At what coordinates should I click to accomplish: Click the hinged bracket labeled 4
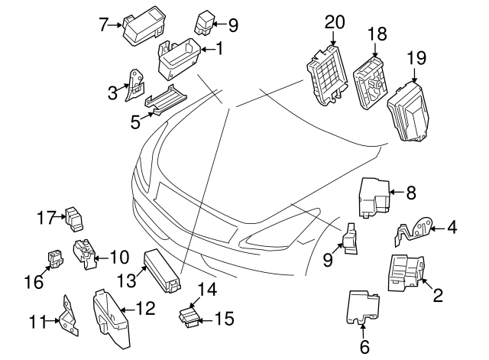(x=413, y=231)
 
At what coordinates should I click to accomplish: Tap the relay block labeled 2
(x=405, y=273)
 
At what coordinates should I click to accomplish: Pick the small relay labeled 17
(x=76, y=219)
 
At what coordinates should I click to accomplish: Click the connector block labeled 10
(x=83, y=254)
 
